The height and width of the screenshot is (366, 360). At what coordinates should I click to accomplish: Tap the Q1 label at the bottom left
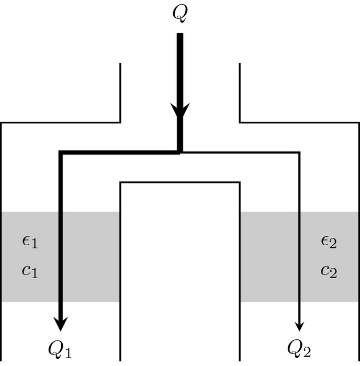pos(60,349)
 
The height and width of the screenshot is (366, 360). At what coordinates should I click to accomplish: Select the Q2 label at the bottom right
pos(300,349)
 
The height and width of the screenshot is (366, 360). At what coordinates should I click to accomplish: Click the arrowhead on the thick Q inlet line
pos(180,111)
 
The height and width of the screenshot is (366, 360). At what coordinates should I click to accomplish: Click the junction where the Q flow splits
pos(180,152)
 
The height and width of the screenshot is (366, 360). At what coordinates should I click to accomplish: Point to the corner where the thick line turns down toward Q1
pos(61,152)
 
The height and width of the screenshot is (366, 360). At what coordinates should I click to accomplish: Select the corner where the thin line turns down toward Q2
pos(300,152)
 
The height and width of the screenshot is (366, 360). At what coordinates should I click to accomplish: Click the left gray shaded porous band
pos(89,256)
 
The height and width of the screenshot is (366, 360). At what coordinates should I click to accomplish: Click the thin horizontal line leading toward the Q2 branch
pos(241,152)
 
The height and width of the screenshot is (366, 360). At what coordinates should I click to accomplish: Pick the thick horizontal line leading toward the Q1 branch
pos(120,152)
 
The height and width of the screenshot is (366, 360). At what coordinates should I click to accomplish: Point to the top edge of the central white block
pos(180,182)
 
